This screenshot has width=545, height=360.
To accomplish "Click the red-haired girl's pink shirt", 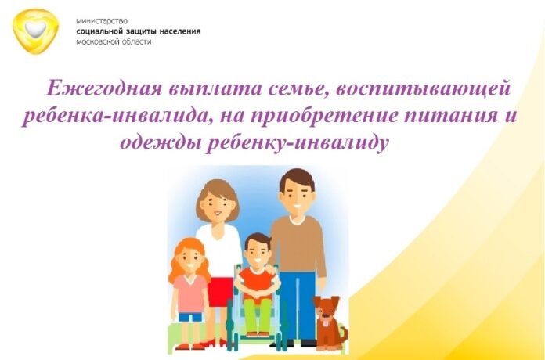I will point(190,292).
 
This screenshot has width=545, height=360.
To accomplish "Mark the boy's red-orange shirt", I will point(255,280).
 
